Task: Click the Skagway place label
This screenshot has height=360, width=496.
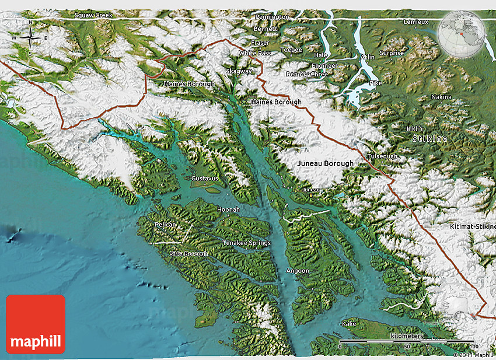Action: pyautogui.click(x=239, y=71)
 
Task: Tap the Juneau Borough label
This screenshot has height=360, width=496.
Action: pyautogui.click(x=325, y=163)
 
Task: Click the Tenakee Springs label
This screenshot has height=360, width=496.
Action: pyautogui.click(x=246, y=242)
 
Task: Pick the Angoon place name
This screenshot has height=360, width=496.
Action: pyautogui.click(x=298, y=271)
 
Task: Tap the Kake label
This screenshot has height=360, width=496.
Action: pyautogui.click(x=350, y=323)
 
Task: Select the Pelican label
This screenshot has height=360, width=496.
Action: pyautogui.click(x=166, y=224)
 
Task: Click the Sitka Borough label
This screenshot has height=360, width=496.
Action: pyautogui.click(x=188, y=254)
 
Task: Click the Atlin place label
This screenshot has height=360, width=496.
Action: pyautogui.click(x=368, y=57)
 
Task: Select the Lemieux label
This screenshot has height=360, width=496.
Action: pyautogui.click(x=416, y=22)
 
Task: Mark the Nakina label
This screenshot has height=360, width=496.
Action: pyautogui.click(x=441, y=96)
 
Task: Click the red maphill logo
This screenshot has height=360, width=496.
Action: pyautogui.click(x=36, y=324)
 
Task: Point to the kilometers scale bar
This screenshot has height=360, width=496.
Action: pyautogui.click(x=406, y=340)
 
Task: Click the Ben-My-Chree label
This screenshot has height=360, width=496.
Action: pyautogui.click(x=307, y=74)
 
